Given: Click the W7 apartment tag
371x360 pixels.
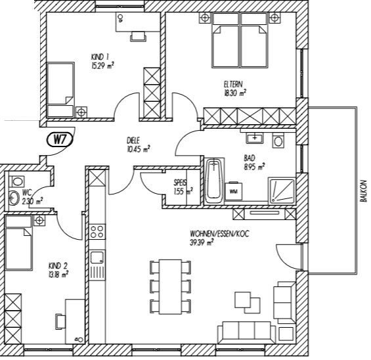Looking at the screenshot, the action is [60, 140].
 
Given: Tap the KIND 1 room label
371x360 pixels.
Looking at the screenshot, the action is [100, 57].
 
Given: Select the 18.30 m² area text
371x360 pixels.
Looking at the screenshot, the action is [235, 93].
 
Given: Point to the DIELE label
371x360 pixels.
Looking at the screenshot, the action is [133, 141].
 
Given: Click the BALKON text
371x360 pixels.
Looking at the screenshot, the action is [363, 191].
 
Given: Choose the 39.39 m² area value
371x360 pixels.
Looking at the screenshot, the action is [202, 243].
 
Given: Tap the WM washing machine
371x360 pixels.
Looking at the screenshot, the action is [234, 191].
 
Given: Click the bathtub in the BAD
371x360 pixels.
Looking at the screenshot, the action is [214, 181].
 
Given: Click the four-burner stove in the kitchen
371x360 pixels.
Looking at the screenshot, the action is [97, 232].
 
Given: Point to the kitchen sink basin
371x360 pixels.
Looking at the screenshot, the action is [97, 258].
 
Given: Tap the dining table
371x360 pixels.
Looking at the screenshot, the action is [170, 286].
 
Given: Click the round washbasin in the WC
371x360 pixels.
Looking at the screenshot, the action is [14, 198].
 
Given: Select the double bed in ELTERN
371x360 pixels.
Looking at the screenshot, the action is [240, 41].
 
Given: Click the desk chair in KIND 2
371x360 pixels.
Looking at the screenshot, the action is [60, 321].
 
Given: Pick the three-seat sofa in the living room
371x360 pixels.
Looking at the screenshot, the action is [246, 332].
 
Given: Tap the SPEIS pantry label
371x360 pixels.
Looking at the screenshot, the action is [180, 183].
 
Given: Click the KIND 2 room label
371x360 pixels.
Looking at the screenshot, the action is [58, 266].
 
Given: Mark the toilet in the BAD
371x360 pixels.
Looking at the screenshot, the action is [278, 141].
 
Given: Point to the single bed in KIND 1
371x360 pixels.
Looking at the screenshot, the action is [61, 90].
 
